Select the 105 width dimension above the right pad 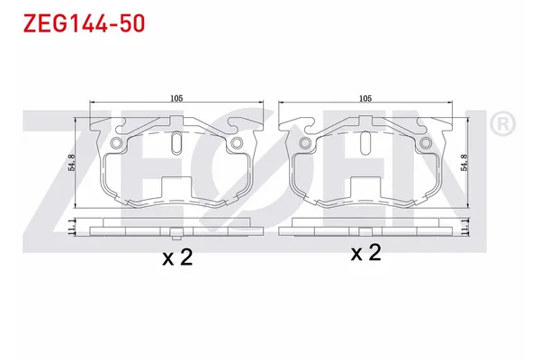pyautogui.click(x=364, y=97)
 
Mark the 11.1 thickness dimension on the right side pyautogui.click(x=465, y=228)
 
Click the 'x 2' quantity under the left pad pyautogui.click(x=176, y=258)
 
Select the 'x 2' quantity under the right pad pyautogui.click(x=365, y=253)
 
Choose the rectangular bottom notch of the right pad pyautogui.click(x=364, y=186)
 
